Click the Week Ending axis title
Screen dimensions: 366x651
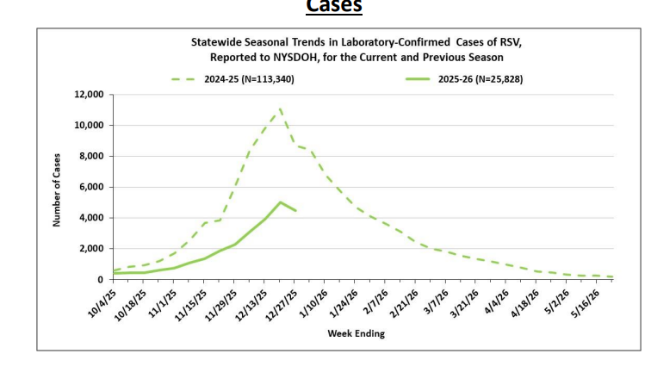356,333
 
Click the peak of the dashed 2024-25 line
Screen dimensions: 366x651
280,109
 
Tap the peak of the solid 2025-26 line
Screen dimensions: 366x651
280,202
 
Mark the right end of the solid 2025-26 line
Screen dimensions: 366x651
295,210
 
